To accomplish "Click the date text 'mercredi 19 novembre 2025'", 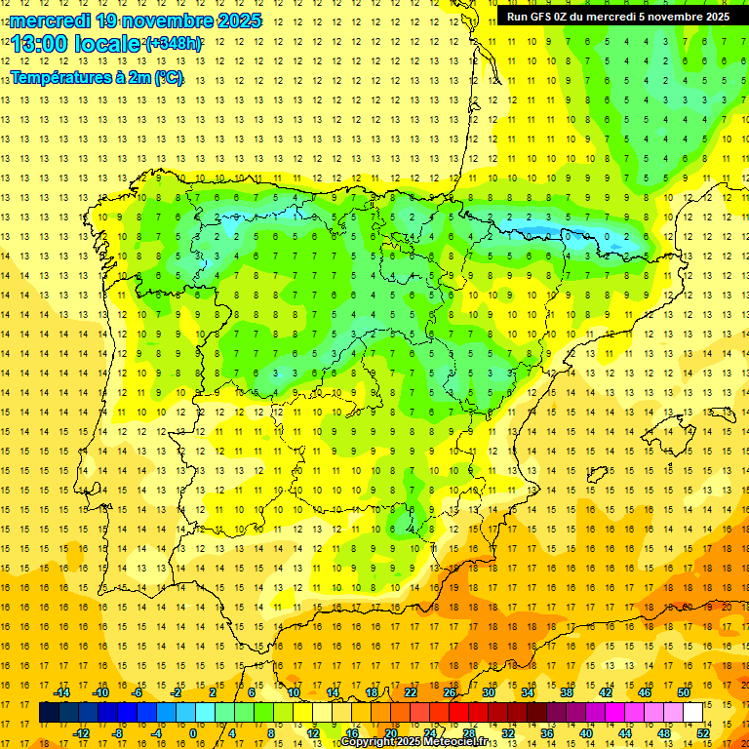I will click(x=137, y=20).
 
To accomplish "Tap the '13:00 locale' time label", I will click(x=76, y=44).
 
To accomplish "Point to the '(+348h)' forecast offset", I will click(x=173, y=44).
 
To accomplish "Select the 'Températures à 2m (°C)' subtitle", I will click(x=97, y=76).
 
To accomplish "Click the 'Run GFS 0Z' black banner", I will click(x=617, y=16).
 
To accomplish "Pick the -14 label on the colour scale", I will click(x=60, y=692).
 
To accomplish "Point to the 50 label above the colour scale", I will click(x=683, y=692).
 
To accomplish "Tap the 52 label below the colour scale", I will click(x=703, y=733).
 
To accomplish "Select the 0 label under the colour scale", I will click(x=193, y=733).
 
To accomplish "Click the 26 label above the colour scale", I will click(x=450, y=692).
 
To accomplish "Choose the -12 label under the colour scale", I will click(x=80, y=733).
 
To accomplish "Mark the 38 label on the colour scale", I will click(x=566, y=692).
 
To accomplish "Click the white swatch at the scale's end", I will click(x=692, y=713).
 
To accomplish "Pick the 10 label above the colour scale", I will click(x=293, y=692).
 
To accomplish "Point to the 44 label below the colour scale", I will click(x=625, y=733).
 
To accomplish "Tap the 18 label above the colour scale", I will click(x=371, y=692).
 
